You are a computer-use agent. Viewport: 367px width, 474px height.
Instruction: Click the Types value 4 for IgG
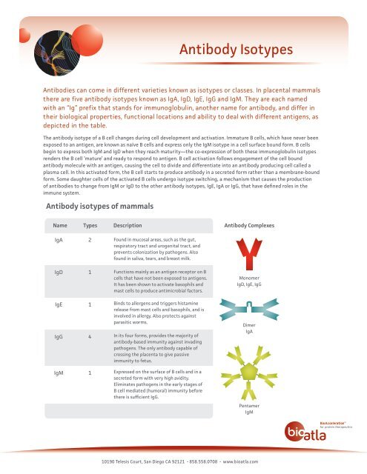pyautogui.click(x=90, y=336)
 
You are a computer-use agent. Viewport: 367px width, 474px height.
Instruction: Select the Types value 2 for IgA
pyautogui.click(x=90, y=241)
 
